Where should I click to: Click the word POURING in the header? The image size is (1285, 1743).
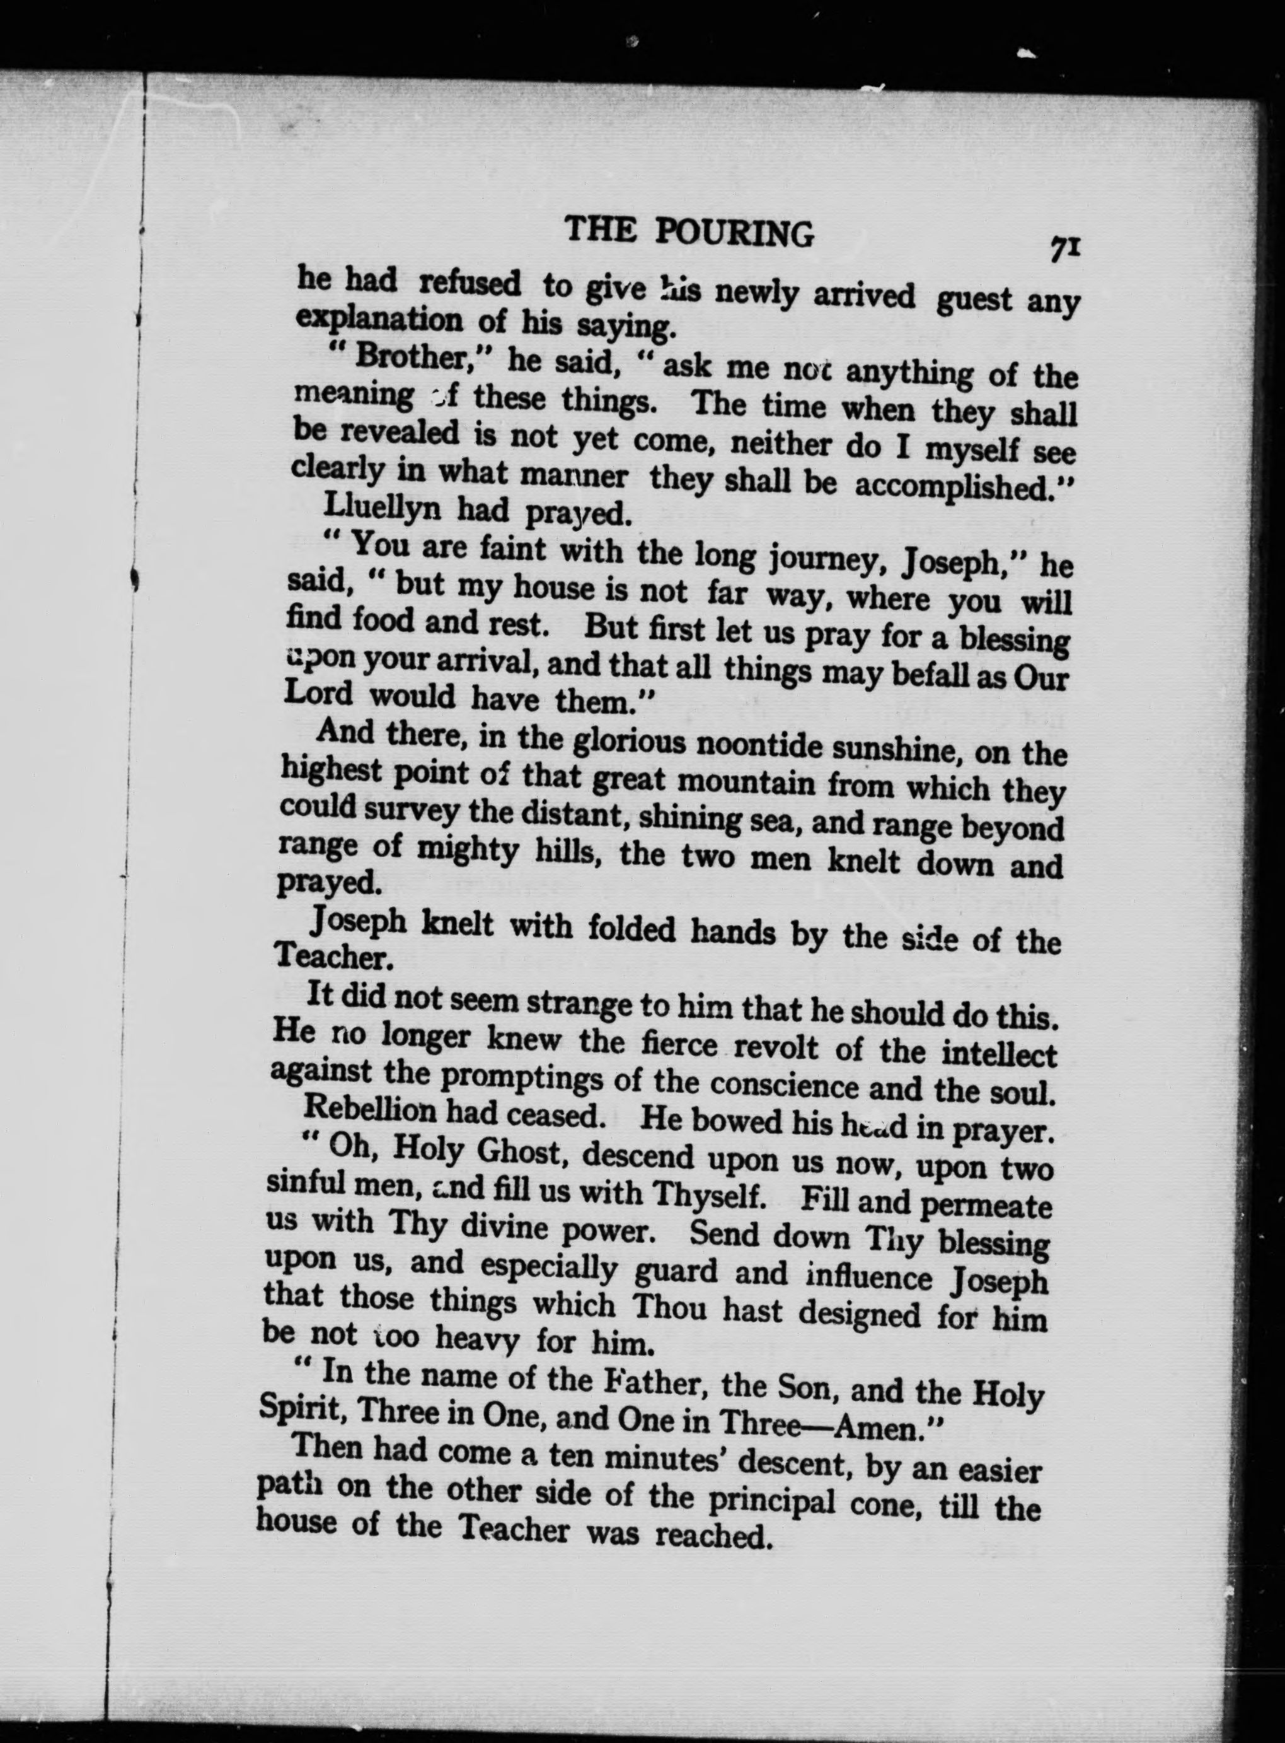(734, 232)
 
